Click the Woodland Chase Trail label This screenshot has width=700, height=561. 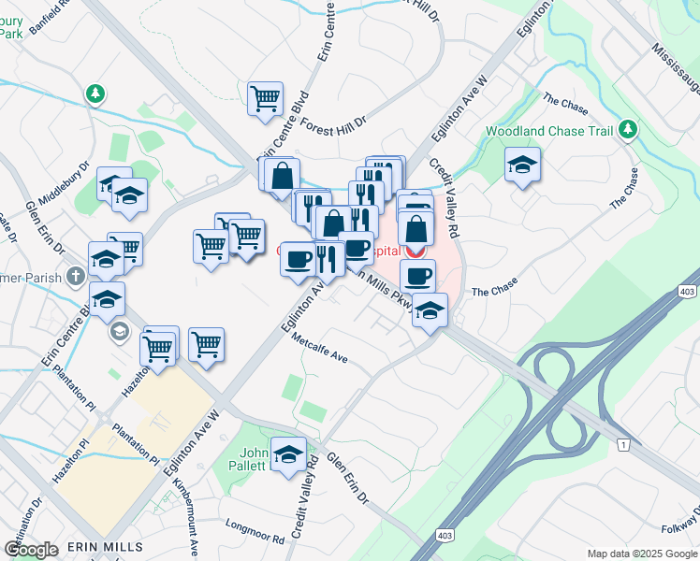547,131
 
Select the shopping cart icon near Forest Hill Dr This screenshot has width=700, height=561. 266,97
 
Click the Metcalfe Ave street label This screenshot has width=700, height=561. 319,348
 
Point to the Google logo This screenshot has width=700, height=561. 31,550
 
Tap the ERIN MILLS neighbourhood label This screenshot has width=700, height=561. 104,546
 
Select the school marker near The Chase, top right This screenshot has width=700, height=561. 522,165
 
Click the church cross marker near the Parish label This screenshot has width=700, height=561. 75,277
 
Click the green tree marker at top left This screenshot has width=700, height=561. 94,93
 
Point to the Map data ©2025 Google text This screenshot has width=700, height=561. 641,554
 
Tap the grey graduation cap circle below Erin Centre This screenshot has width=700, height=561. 120,332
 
